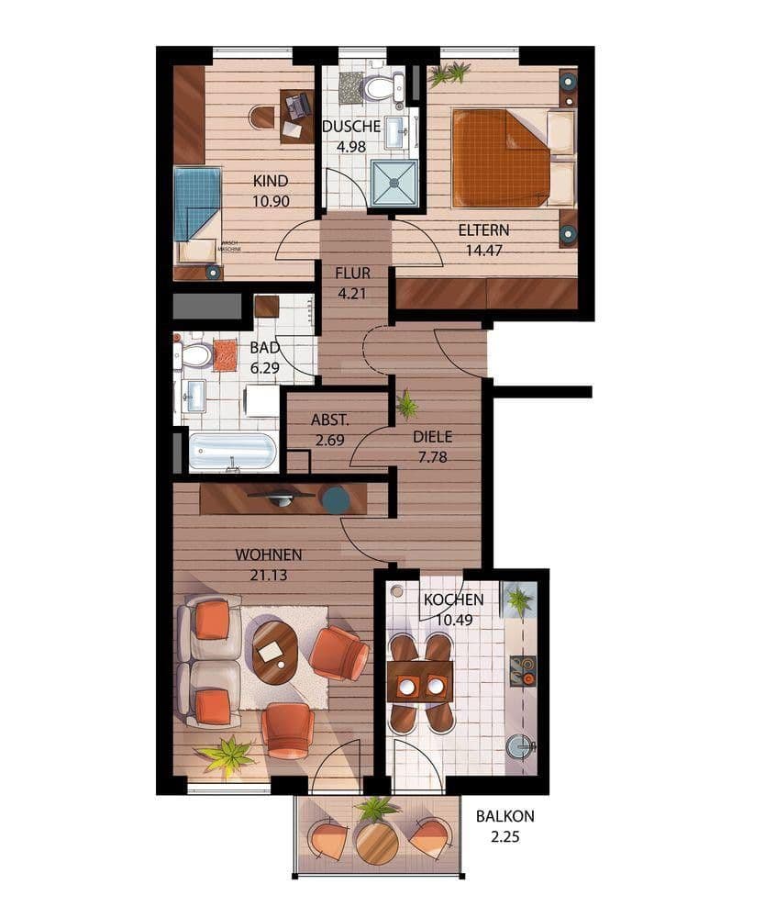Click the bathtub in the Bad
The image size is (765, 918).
[232, 452]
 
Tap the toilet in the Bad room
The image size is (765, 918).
[193, 354]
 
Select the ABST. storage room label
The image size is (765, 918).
[328, 420]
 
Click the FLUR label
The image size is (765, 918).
[351, 274]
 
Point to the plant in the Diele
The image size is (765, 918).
[406, 404]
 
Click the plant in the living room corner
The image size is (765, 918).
[225, 755]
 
